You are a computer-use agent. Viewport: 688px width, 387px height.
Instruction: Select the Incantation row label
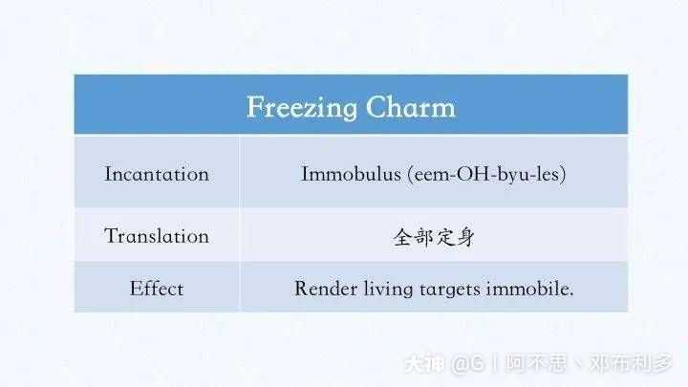point(157,174)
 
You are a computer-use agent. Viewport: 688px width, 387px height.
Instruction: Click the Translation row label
point(157,236)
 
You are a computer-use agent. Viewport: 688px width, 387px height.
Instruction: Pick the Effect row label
point(157,288)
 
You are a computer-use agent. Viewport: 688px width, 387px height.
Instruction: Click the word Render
point(321,288)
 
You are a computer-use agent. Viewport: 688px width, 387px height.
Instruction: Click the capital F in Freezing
point(255,106)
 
